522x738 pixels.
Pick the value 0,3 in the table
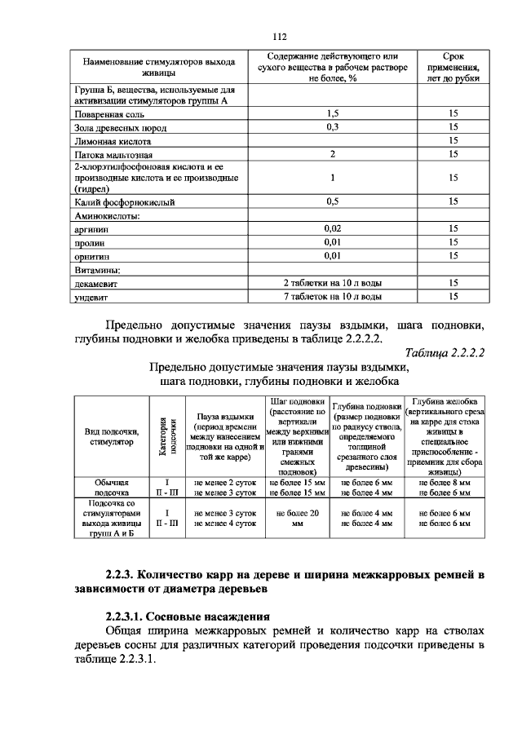click(332, 128)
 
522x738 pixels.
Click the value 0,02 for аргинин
click(332, 230)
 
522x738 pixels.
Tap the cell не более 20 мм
click(297, 519)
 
